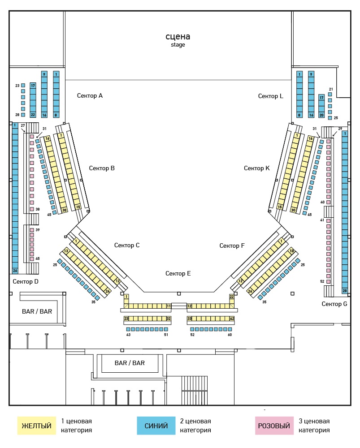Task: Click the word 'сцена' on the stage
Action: pos(178,37)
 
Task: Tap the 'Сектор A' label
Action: pos(90,96)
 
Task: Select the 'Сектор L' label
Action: pos(270,96)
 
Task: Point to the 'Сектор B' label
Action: pos(102,168)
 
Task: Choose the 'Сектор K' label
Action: pos(256,168)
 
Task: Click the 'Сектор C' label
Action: pos(127,246)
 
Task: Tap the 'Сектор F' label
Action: pos(232,246)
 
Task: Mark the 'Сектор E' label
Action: pos(178,274)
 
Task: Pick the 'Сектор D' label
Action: pos(26,282)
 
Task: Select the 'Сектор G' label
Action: pos(334,304)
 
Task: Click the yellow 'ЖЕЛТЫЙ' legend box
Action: pos(37,426)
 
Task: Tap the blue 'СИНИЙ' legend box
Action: pos(156,426)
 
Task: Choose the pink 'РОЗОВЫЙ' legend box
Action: pos(274,426)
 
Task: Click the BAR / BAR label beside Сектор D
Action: pos(37,312)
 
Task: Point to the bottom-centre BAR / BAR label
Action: pos(130,363)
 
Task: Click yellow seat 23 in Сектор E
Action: pos(126,319)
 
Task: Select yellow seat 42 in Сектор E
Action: pos(232,319)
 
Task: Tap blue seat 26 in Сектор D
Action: pos(15,271)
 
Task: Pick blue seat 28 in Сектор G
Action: pos(345,291)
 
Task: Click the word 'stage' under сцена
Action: pos(178,45)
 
